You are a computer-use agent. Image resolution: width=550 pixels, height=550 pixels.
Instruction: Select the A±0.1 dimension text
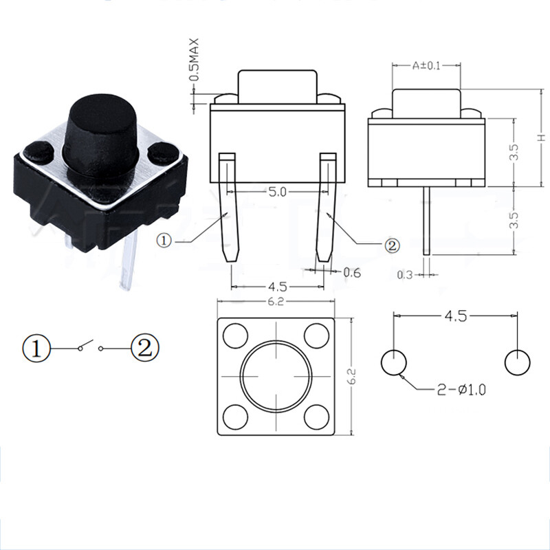(426, 66)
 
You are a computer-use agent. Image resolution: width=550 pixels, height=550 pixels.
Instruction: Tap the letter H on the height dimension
(541, 137)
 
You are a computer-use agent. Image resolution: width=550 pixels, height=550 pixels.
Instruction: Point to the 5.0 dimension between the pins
(277, 192)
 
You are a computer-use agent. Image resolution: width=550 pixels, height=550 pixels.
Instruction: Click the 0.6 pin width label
(352, 273)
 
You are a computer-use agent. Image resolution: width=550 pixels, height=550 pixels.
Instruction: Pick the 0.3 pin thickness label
(406, 275)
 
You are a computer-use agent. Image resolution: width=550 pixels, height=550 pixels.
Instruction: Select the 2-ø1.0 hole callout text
(461, 390)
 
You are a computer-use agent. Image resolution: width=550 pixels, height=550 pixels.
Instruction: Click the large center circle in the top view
(276, 376)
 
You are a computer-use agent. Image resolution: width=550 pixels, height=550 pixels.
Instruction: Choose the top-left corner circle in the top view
(236, 336)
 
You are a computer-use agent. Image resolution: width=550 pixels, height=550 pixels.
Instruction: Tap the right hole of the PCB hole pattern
(517, 362)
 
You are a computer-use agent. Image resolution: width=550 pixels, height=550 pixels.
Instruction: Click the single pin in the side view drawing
(427, 220)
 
